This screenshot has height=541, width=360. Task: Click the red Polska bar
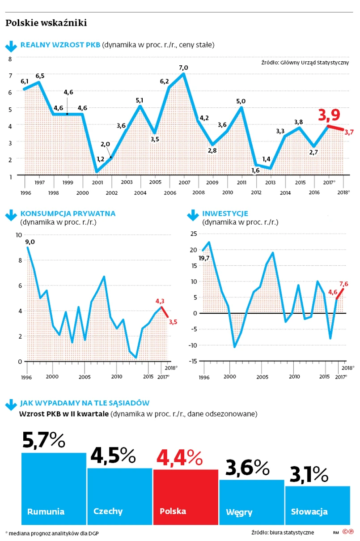pos(186,497)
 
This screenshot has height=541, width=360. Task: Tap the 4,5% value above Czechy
pos(113,456)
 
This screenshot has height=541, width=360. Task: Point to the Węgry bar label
pos(239,511)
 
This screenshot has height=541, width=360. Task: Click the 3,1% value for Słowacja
pos(309,474)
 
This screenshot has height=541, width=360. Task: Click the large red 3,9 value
pos(329,115)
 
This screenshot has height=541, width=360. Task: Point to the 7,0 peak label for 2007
pos(183,68)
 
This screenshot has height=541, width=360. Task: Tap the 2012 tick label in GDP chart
pos(256,192)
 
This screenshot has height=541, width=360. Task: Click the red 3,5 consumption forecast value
pos(173,321)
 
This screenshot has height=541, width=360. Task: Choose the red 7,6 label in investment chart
pos(343,283)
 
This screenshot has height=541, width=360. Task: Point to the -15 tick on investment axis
pos(193,361)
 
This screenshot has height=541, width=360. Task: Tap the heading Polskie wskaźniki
pos(46,23)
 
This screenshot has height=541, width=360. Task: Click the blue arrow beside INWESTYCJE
pos(193,215)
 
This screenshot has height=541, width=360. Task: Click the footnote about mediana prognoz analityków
pos(47,532)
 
